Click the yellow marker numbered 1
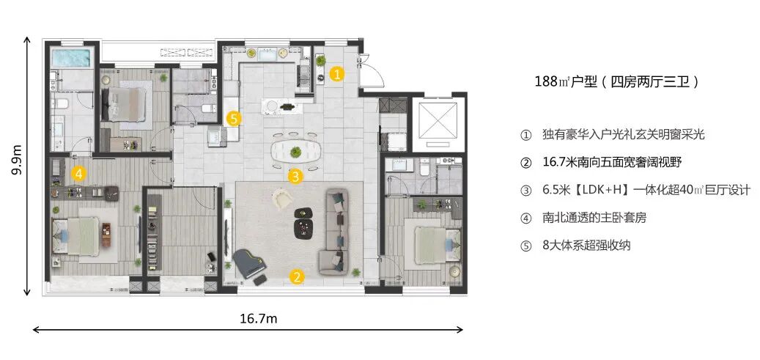(337, 74)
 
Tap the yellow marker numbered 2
(297, 277)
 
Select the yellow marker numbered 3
(295, 176)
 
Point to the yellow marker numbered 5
(234, 118)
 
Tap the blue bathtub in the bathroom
(72, 59)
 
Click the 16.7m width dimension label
(259, 319)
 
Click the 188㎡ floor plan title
(617, 81)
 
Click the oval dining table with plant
(295, 151)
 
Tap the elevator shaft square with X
(439, 120)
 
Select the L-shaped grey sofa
(336, 232)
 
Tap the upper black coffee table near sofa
(303, 213)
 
